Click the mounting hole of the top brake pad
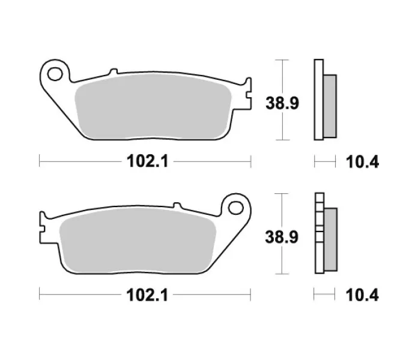(x=55, y=74)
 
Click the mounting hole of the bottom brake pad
(x=235, y=208)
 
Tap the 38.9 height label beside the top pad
(x=282, y=103)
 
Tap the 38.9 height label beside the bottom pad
(x=282, y=237)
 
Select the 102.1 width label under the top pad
(x=147, y=161)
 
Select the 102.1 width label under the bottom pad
(x=147, y=295)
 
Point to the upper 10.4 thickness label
(x=362, y=162)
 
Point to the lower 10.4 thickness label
(x=362, y=295)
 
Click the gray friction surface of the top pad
(x=153, y=107)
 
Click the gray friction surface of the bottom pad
(x=138, y=241)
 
